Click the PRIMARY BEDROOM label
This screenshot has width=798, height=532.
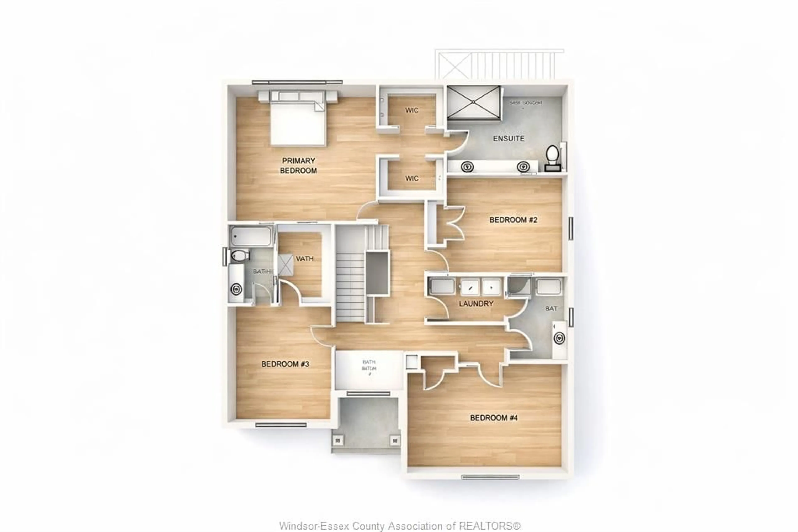(298, 166)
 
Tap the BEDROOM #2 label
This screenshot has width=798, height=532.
(513, 220)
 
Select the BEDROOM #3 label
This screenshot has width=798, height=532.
(285, 364)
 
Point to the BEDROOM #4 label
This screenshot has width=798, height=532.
(494, 418)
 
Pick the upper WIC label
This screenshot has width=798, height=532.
(411, 110)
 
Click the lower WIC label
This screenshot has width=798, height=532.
(411, 178)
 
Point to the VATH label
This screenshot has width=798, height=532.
(304, 259)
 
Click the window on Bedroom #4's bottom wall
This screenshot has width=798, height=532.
(490, 477)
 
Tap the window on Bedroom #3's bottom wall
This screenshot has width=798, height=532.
(281, 425)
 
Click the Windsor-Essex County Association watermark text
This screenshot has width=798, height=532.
(399, 526)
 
